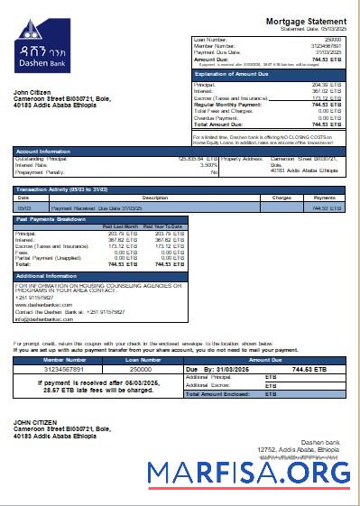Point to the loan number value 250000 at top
pyautogui.click(x=333, y=41)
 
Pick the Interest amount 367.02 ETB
pyautogui.click(x=326, y=89)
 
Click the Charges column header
pyautogui.click(x=282, y=197)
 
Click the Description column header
pyautogui.click(x=155, y=197)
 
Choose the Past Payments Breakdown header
pyautogui.click(x=51, y=219)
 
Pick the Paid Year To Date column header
pyautogui.click(x=166, y=225)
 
